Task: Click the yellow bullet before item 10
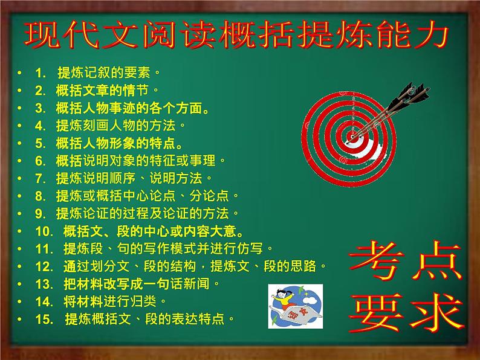[x=20, y=231]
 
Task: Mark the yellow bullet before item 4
[x=20, y=126]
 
